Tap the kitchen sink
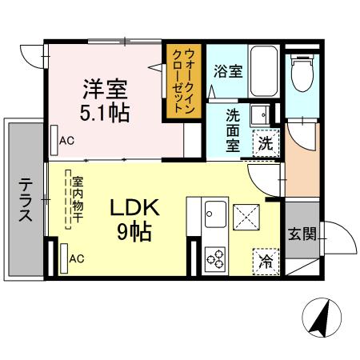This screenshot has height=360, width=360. coord(214,214)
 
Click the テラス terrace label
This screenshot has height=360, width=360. coord(25,201)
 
